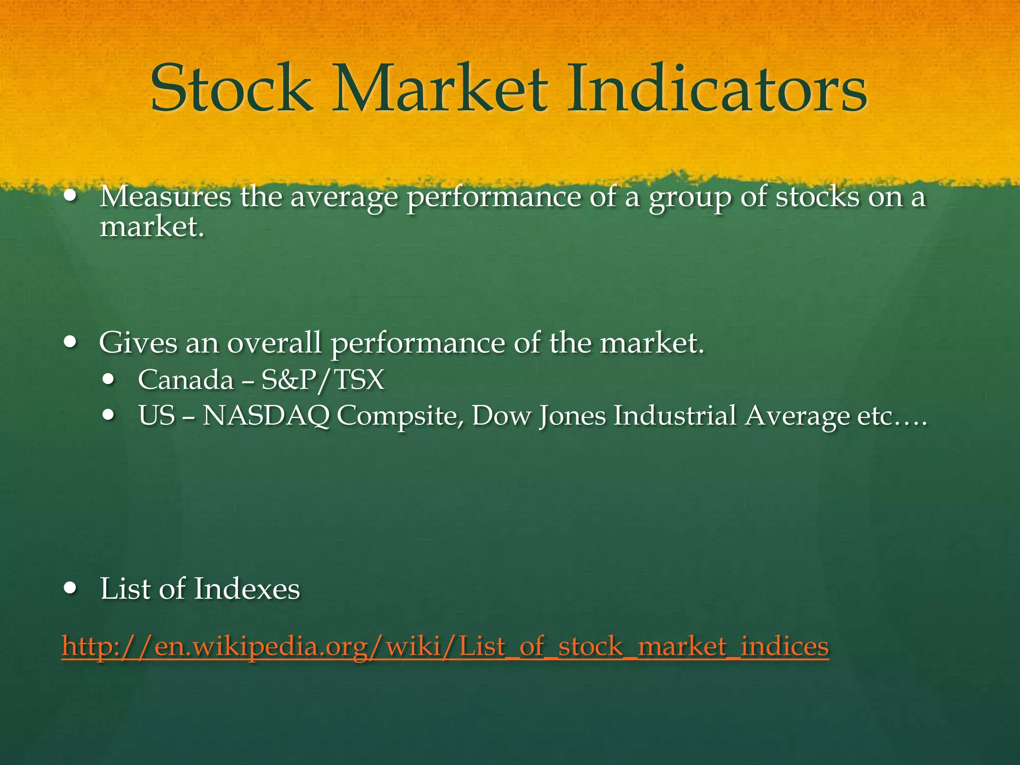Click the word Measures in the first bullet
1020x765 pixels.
coord(165,197)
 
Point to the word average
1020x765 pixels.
coord(344,198)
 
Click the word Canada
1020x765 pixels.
coord(186,380)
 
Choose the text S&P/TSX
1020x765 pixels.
coord(323,380)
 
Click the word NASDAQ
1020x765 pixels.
coord(266,415)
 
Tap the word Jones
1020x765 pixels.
coord(572,416)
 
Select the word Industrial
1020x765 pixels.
coord(675,415)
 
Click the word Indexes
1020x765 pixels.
coord(247,589)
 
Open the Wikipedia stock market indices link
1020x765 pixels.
coord(445,646)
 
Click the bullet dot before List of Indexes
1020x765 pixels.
coord(71,589)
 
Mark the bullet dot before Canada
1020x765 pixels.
coord(108,380)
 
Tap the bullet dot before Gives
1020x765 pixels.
coord(71,343)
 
